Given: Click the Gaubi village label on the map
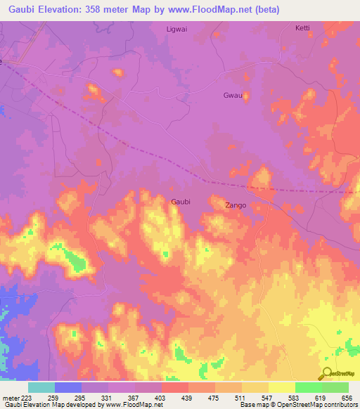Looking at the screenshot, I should (181, 202).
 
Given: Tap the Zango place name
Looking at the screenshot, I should (235, 206).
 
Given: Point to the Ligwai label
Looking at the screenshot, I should (176, 29).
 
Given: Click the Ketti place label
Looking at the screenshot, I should (302, 29).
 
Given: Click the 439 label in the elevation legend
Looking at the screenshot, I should (187, 398).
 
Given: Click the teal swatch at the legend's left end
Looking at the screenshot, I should (41, 387).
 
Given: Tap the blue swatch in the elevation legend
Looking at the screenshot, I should (68, 387).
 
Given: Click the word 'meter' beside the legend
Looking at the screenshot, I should (11, 398).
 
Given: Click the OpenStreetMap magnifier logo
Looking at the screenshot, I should (326, 375).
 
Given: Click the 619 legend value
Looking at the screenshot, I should (321, 398).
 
